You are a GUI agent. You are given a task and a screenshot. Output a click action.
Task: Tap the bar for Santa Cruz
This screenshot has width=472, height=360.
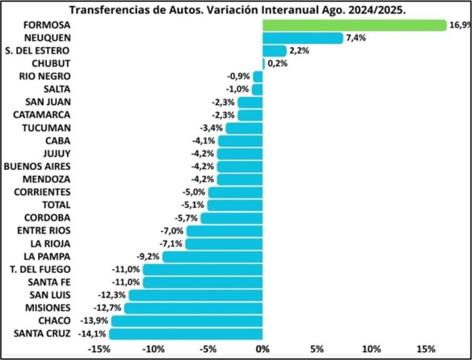pos(186,333)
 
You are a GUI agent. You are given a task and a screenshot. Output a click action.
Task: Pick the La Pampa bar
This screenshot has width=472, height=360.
pos(213,256)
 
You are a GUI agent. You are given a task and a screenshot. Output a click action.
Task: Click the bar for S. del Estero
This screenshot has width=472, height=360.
pos(274,51)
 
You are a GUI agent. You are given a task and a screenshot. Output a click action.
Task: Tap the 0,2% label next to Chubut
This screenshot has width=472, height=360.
pos(277,64)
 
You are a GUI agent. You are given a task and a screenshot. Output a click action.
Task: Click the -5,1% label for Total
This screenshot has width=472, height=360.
pos(192,205)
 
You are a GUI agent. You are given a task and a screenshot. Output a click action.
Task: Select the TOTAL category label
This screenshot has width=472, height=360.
pos(56,205)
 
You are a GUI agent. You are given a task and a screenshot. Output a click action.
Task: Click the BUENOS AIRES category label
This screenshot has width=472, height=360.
pos(37,166)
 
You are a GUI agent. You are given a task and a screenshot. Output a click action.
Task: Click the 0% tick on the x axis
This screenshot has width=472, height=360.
pos(263,348)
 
